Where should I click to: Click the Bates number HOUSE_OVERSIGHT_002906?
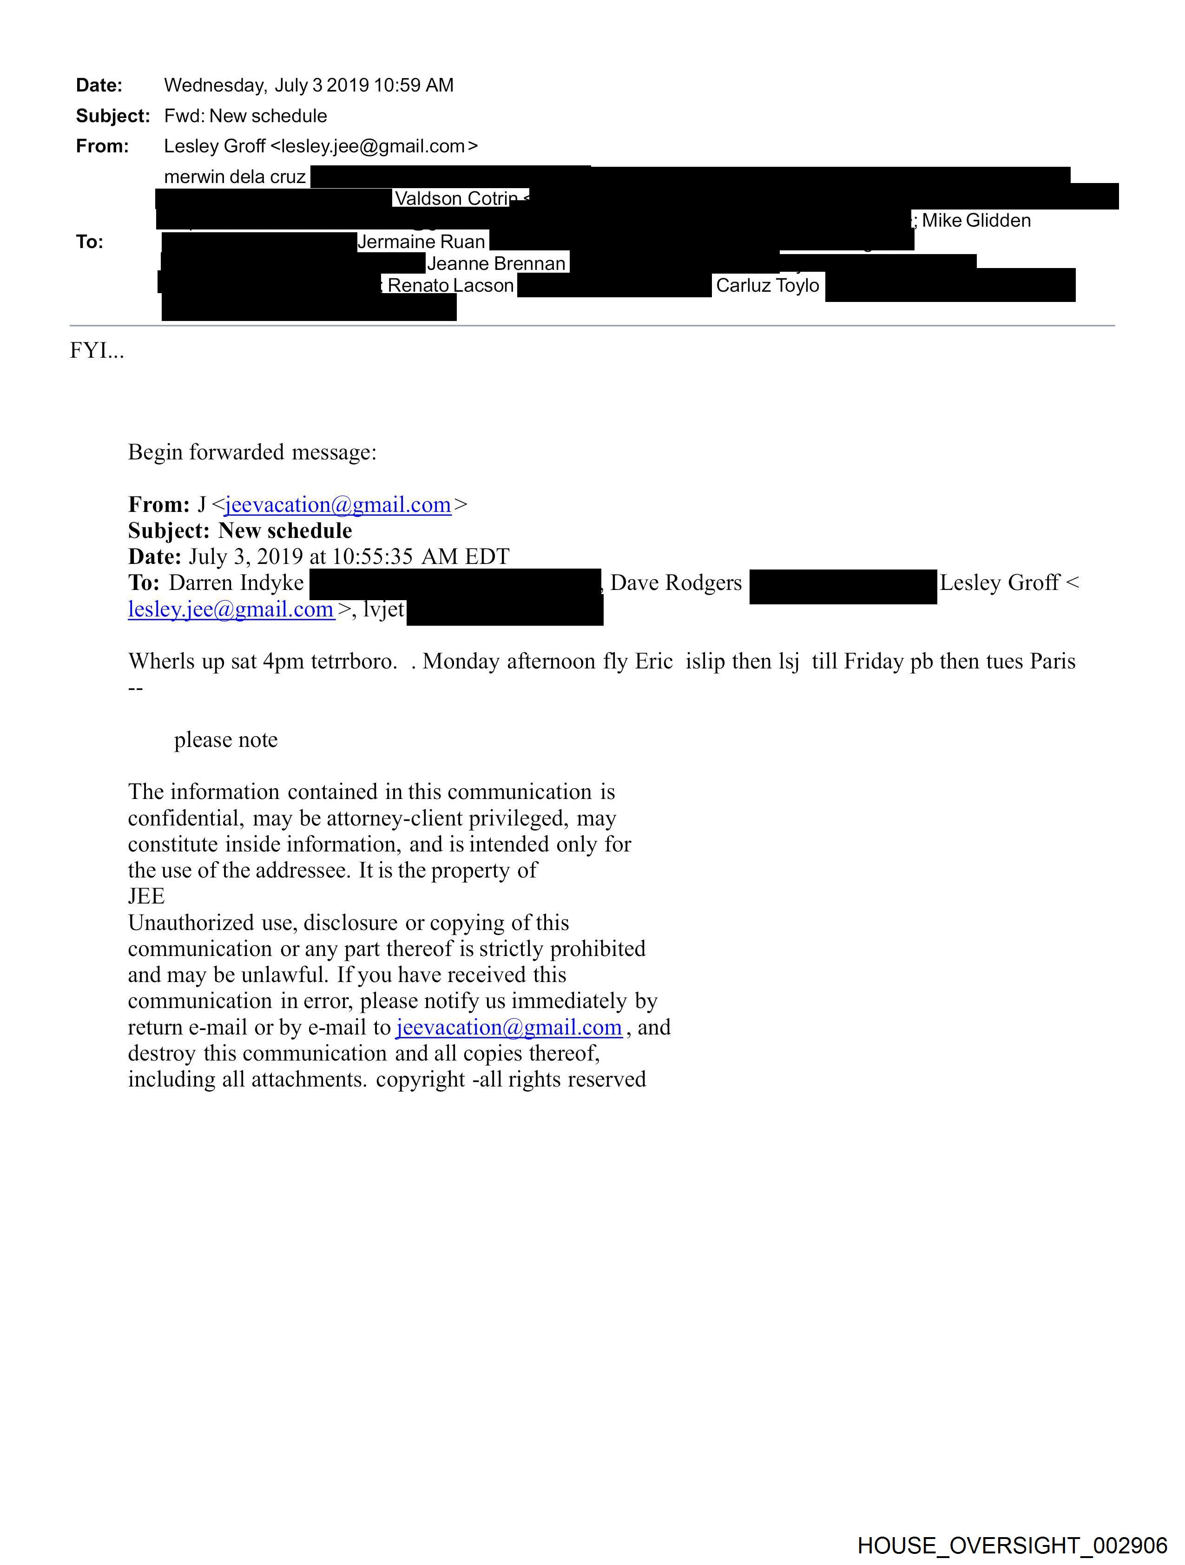pos(1012,1545)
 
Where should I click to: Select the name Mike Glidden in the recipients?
pos(975,221)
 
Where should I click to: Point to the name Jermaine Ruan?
pos(421,242)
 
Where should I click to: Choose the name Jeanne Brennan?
pos(496,264)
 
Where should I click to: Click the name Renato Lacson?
pos(450,286)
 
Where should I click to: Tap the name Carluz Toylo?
pos(767,286)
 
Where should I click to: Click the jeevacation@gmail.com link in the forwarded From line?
pos(338,505)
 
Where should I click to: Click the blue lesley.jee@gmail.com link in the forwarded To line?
pos(231,610)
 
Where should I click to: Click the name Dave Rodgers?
pos(676,583)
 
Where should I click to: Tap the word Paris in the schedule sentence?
pos(1052,661)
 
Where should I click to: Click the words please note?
pos(226,740)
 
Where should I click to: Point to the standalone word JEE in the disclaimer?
pos(146,897)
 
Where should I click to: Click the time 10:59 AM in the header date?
pos(414,85)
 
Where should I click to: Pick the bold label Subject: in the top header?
pos(112,116)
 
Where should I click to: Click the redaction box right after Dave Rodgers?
pos(843,587)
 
